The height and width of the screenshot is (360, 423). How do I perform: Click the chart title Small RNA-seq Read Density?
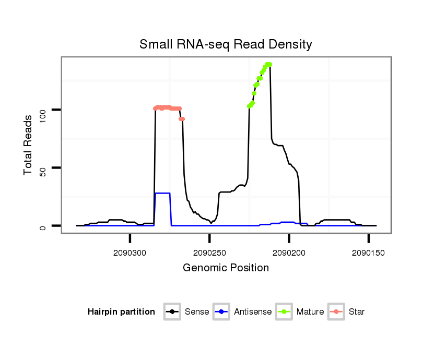226,44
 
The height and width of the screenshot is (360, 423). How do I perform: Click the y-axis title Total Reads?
29,146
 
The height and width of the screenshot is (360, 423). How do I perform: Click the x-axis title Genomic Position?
226,268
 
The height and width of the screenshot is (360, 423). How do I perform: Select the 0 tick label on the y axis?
43,226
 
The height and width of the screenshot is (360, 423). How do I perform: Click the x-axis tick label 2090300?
130,253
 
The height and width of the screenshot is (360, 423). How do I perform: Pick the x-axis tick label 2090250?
209,253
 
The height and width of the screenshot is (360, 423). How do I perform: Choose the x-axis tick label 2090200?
289,253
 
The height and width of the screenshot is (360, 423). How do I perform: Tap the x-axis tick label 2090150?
368,253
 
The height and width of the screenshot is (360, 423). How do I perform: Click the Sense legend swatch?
172,312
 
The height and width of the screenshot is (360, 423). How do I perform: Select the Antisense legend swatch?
222,312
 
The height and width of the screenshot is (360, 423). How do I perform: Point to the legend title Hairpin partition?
121,312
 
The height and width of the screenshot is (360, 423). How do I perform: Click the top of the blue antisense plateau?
162,194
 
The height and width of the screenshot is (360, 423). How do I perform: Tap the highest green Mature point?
268,64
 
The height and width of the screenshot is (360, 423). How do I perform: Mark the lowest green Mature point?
250,106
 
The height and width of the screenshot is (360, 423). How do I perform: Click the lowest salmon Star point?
182,119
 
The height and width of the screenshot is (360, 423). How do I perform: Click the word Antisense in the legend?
253,312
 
